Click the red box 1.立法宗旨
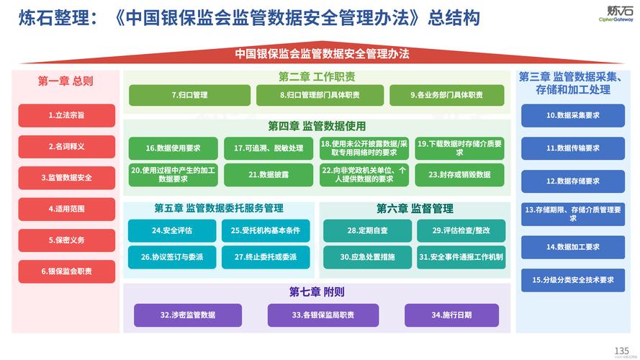tap(66, 115)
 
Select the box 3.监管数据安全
tap(66, 177)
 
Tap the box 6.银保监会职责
tap(66, 271)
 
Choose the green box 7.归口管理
tap(189, 95)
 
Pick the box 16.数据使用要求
tap(173, 148)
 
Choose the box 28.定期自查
tap(367, 230)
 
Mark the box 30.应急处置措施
tap(367, 256)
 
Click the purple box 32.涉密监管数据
tap(187, 315)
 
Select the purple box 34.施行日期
tap(451, 315)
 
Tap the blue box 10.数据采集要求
tap(572, 115)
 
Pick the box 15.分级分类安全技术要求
tap(572, 279)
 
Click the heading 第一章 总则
tap(66, 81)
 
